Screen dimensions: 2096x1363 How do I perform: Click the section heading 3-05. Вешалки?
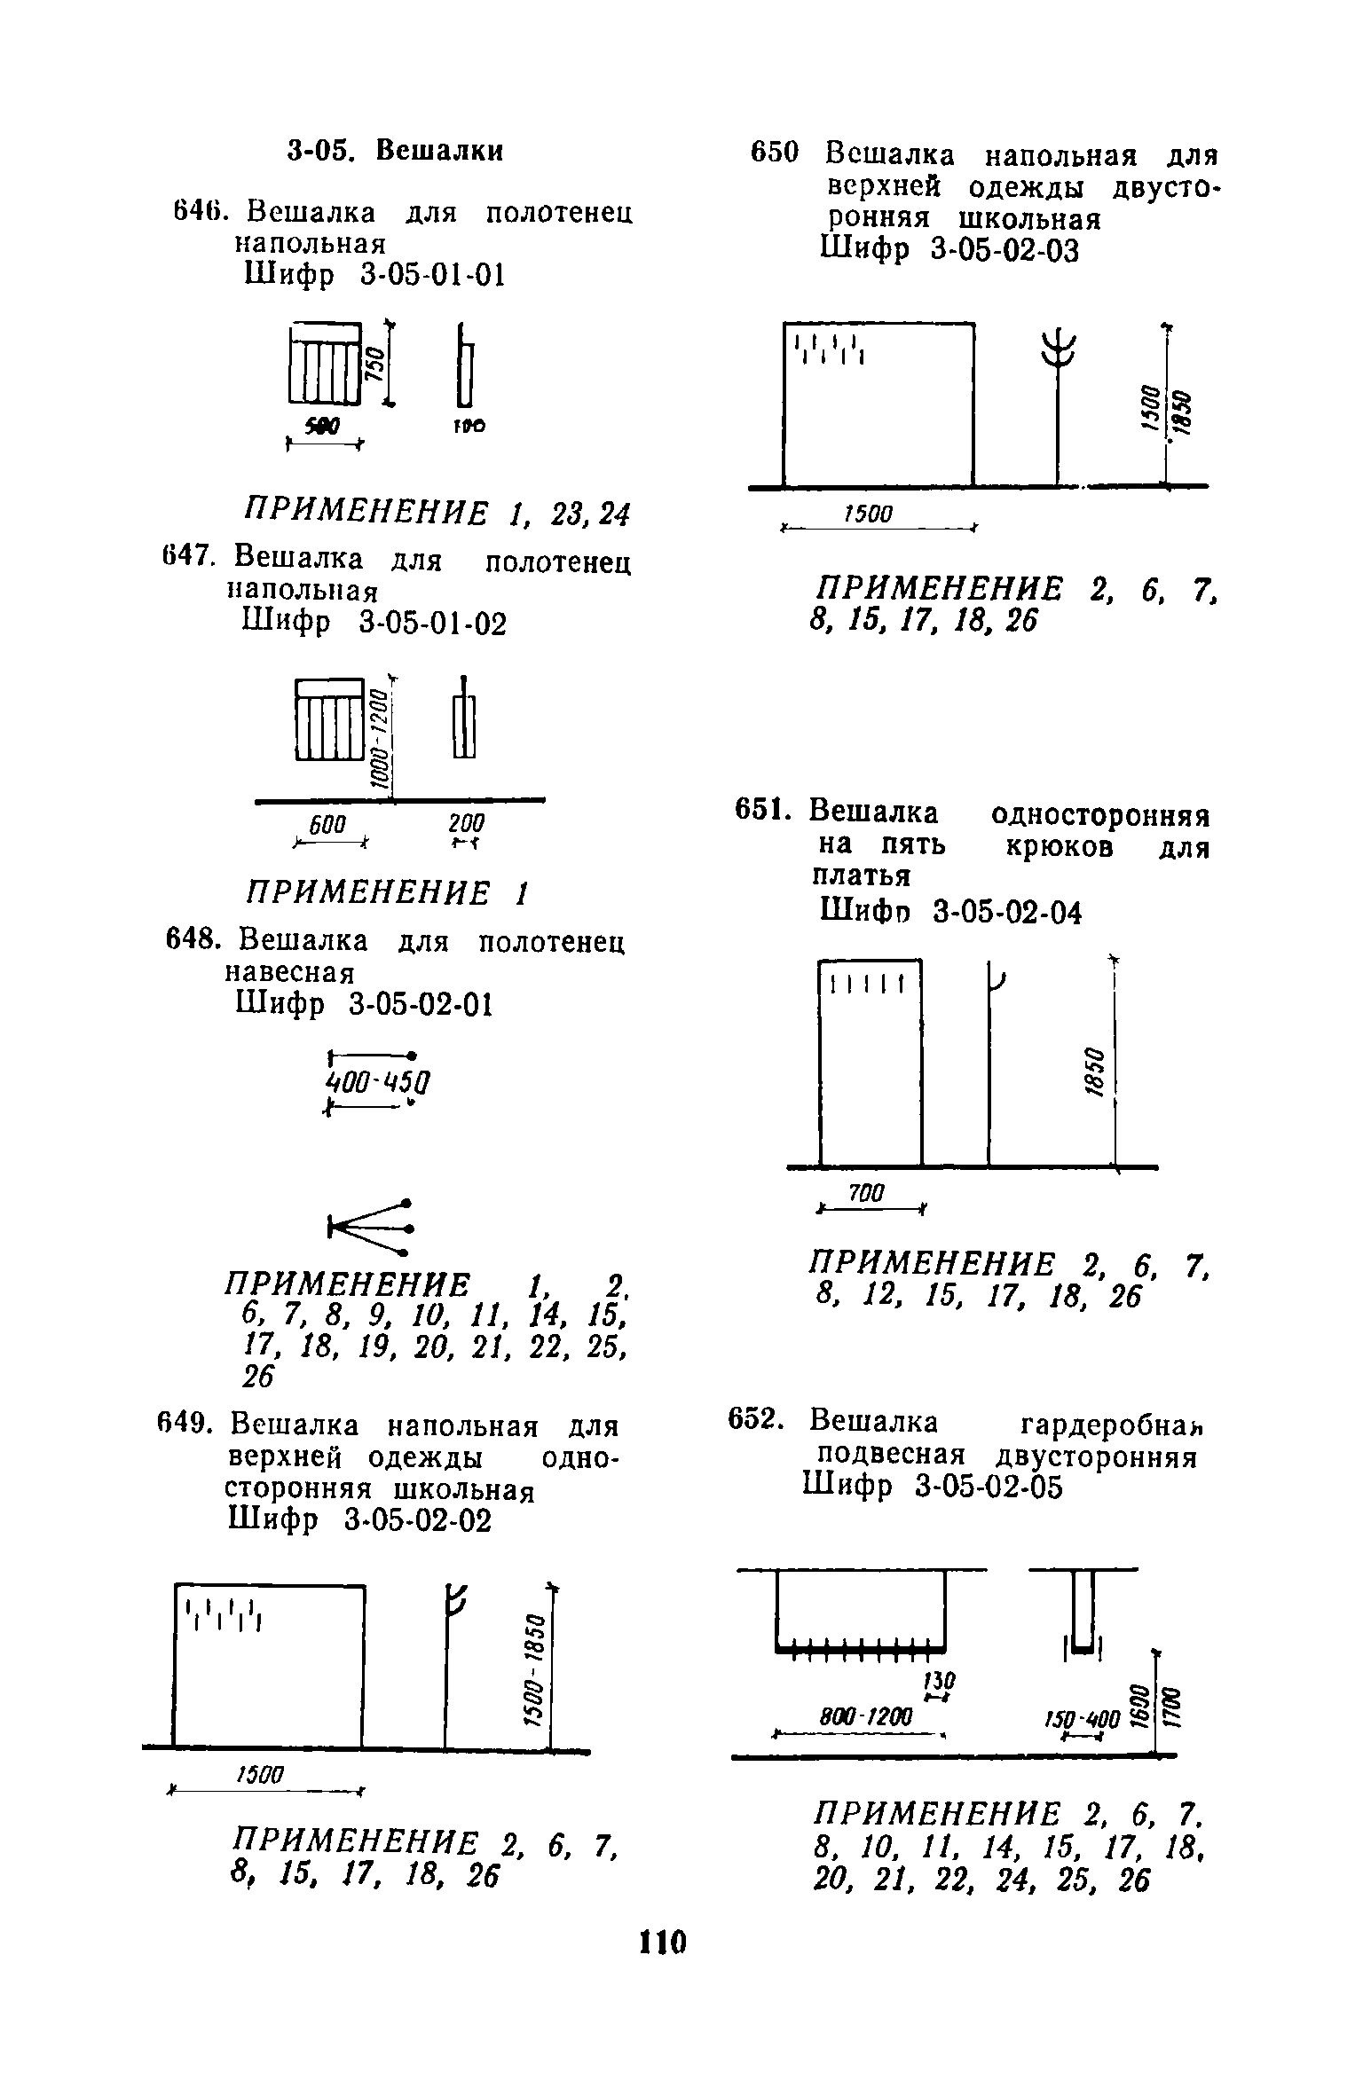(395, 151)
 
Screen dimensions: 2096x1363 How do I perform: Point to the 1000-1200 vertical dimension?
(379, 736)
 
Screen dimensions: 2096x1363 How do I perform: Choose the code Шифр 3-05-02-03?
(951, 251)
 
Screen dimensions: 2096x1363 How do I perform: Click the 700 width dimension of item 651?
(866, 1194)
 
